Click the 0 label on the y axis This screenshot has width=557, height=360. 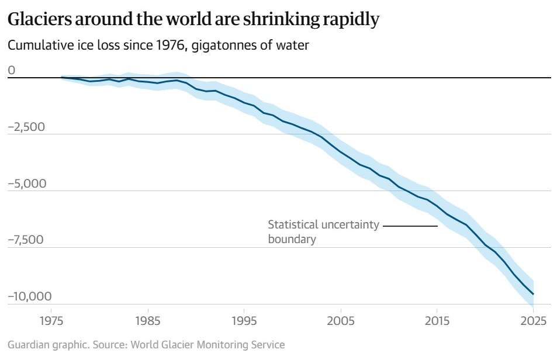click(12, 70)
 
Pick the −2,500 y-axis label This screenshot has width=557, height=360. click(26, 127)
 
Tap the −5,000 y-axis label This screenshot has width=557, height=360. click(27, 184)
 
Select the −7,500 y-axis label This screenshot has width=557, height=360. click(26, 240)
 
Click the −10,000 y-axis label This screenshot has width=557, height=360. click(30, 296)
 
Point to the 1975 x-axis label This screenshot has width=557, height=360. click(51, 321)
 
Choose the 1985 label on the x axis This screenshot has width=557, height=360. click(148, 321)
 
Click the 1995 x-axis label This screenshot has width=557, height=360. click(244, 321)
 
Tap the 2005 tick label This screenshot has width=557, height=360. click(341, 321)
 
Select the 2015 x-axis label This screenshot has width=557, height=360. click(437, 321)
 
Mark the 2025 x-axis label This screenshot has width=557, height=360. click(533, 321)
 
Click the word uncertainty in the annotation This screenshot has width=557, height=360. click(350, 225)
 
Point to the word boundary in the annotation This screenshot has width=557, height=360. click(292, 239)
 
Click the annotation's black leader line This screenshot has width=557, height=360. click(410, 226)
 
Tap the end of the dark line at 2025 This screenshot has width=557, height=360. click(533, 294)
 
